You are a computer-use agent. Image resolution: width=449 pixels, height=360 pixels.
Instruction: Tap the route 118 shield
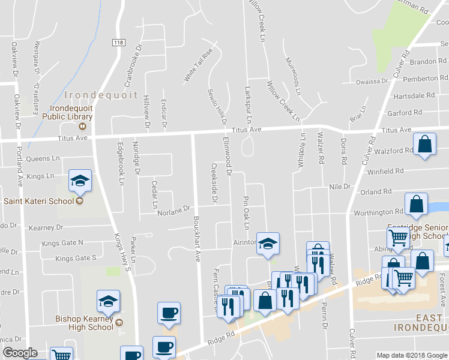(118, 41)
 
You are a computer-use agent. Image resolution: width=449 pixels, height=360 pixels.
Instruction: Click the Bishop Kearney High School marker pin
(109, 301)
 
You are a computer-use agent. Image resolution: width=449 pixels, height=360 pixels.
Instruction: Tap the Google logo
(20, 353)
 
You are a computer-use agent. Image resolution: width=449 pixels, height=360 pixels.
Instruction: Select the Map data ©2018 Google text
(412, 355)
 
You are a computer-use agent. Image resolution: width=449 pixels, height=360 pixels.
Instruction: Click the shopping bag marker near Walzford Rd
(424, 145)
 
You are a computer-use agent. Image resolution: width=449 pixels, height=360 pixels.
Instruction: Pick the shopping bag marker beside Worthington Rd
(416, 205)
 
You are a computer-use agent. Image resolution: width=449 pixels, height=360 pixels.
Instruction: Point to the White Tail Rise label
(199, 66)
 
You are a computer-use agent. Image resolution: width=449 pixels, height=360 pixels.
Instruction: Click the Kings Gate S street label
(76, 259)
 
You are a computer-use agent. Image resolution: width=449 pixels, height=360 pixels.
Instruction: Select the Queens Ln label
(43, 158)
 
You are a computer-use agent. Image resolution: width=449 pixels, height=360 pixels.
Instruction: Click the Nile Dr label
(339, 187)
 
